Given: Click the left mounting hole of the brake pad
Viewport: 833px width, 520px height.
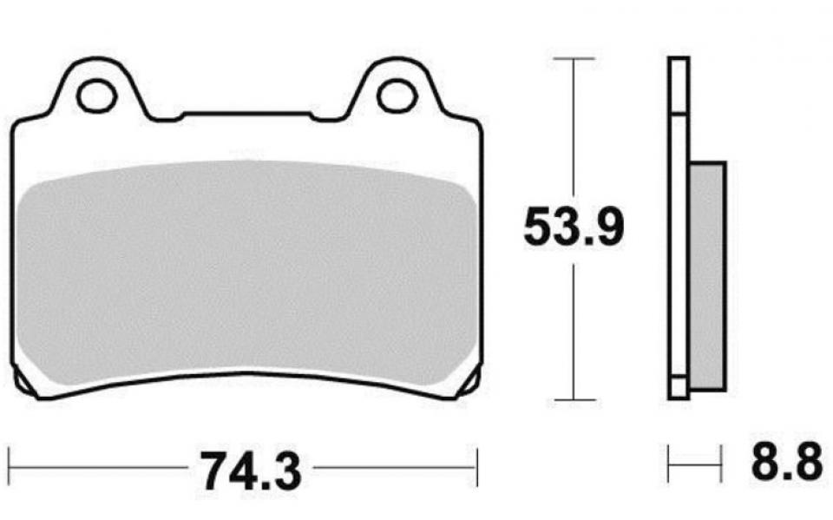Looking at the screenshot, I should pyautogui.click(x=96, y=95).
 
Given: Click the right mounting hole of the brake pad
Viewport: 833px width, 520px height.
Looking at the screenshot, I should pyautogui.click(x=397, y=95).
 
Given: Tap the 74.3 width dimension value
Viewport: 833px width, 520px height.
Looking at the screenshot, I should pyautogui.click(x=251, y=471).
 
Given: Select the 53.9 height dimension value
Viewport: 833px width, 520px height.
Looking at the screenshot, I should pyautogui.click(x=574, y=229).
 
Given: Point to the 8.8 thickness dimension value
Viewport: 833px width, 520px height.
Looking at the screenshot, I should pyautogui.click(x=786, y=463).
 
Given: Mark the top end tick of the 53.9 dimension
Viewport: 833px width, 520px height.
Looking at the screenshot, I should pyautogui.click(x=574, y=58).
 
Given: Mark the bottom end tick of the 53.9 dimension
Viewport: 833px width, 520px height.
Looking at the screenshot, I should pyautogui.click(x=574, y=401).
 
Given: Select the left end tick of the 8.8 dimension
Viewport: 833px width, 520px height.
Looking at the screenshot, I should pyautogui.click(x=669, y=464).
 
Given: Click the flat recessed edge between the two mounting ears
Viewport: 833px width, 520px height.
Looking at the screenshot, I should pyautogui.click(x=246, y=114).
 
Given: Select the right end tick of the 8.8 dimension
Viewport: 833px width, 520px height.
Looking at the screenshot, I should pyautogui.click(x=721, y=464).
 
